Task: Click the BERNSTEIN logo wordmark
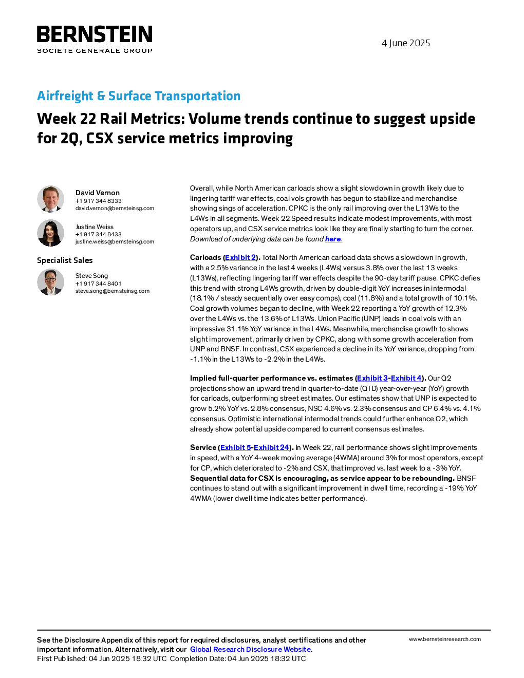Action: tap(95, 34)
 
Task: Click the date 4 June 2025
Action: tap(406, 43)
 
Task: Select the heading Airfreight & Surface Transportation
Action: tap(139, 96)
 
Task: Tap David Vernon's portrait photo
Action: tap(50, 199)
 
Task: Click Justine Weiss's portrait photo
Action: tap(50, 233)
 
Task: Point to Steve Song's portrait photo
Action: tap(50, 282)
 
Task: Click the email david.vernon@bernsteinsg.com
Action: tap(115, 208)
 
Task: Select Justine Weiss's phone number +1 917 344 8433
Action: tap(98, 234)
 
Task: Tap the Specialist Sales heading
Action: tap(65, 260)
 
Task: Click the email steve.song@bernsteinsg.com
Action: tap(113, 291)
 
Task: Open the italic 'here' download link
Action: tap(333, 239)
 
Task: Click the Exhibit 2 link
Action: tap(240, 257)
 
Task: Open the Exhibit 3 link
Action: tap(372, 378)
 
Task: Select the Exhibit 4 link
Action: tap(406, 378)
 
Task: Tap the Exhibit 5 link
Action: tap(236, 447)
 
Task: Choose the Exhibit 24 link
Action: tap(271, 447)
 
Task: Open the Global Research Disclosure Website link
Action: tap(251, 649)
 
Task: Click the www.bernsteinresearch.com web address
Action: tap(445, 639)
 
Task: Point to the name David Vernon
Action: tap(98, 193)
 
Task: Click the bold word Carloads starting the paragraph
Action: tap(205, 257)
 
